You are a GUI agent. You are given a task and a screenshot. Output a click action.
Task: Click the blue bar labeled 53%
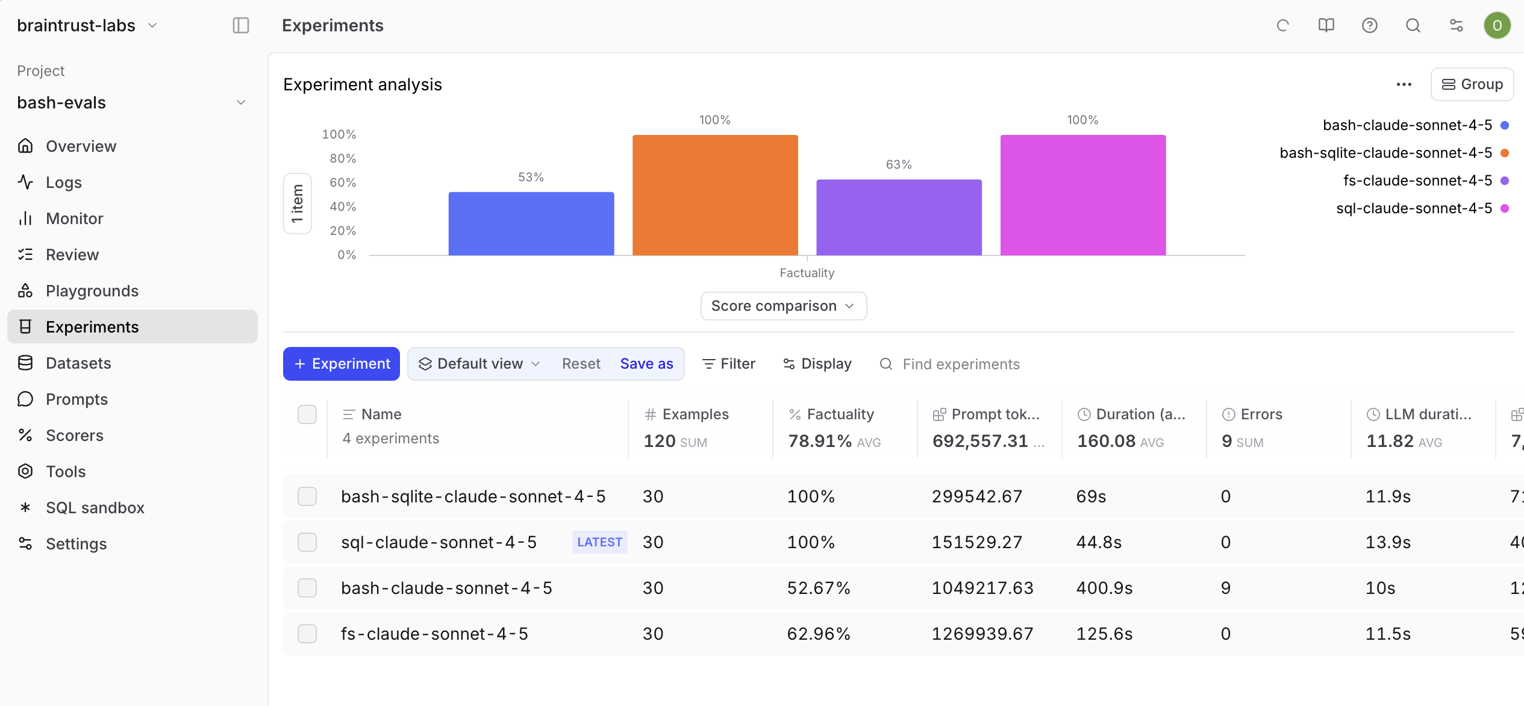tap(531, 223)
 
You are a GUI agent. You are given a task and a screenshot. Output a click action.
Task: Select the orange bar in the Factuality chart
tap(715, 195)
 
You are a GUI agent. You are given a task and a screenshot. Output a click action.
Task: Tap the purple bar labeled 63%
tap(899, 217)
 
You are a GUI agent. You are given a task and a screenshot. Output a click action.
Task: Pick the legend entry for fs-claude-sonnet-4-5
tap(1417, 181)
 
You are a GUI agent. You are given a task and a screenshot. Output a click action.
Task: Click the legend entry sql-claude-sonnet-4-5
tap(1413, 208)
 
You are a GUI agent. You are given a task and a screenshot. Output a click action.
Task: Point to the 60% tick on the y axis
tap(343, 183)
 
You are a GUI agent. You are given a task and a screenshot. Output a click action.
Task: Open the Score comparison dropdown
tap(783, 306)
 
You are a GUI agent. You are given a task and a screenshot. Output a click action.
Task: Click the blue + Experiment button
tap(342, 364)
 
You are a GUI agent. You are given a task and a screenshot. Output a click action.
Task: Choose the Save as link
tap(646, 364)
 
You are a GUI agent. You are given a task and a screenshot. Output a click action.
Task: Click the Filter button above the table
tap(729, 364)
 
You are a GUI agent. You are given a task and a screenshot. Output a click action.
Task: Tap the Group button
tap(1472, 84)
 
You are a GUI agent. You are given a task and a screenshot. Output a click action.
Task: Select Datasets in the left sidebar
tap(78, 363)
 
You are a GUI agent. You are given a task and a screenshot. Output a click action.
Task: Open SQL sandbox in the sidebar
tap(95, 508)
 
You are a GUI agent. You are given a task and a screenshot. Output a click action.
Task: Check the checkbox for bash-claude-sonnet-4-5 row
tap(307, 588)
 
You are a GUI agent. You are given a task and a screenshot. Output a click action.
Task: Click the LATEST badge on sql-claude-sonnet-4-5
tap(599, 542)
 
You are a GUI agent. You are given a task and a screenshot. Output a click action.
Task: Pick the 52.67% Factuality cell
tap(819, 588)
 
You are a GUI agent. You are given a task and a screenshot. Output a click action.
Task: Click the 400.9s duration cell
tap(1104, 588)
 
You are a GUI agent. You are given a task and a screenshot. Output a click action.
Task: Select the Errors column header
tap(1261, 414)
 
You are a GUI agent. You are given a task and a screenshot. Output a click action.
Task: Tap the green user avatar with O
tap(1497, 25)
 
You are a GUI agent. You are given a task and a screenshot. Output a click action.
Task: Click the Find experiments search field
tap(961, 364)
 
